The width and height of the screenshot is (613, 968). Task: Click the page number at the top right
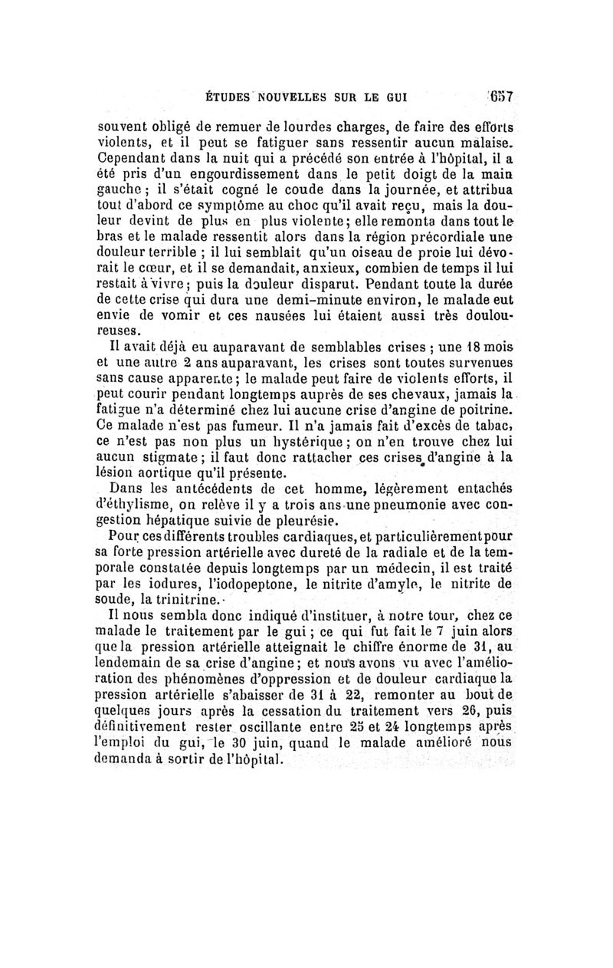[502, 98]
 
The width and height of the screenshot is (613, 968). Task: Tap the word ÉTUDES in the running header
[226, 98]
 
